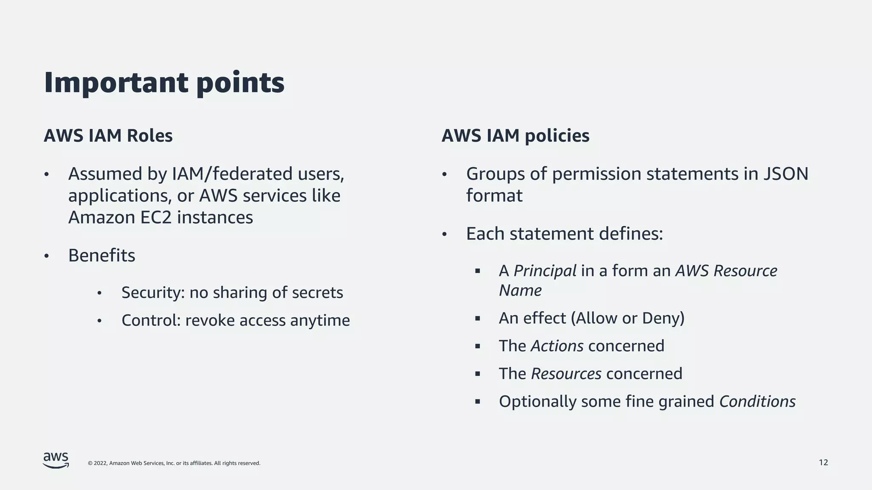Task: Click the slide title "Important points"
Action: [164, 83]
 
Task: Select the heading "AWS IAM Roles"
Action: [108, 136]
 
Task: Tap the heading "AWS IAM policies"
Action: [515, 136]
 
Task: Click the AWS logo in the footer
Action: [56, 460]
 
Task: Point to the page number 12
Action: [823, 462]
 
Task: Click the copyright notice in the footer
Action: [174, 463]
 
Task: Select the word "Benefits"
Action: [102, 255]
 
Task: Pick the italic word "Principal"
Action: [545, 271]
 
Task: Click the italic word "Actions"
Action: [556, 346]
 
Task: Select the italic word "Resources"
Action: [566, 373]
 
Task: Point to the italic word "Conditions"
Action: [757, 402]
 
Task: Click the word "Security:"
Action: [153, 293]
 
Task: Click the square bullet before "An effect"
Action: [477, 319]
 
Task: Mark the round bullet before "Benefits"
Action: [47, 256]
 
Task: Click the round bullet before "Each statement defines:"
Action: [445, 234]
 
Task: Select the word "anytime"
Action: [320, 320]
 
